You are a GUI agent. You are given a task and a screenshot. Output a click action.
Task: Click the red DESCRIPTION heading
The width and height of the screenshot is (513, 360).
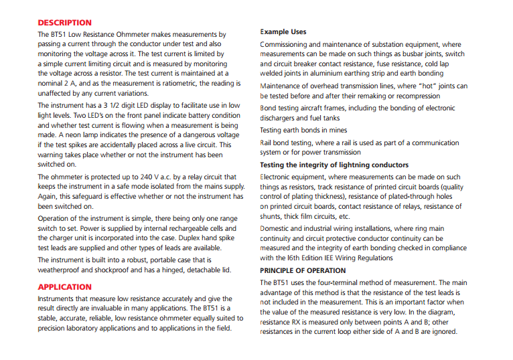(x=65, y=23)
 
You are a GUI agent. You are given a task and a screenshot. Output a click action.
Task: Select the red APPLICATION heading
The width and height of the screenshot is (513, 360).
(x=64, y=287)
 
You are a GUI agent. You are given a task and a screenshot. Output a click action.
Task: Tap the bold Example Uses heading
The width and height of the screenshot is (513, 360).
(x=283, y=31)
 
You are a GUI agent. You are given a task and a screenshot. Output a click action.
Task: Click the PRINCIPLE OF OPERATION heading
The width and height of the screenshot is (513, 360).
(x=303, y=271)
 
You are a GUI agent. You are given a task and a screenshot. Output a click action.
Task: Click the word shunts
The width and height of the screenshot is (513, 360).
(x=271, y=217)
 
